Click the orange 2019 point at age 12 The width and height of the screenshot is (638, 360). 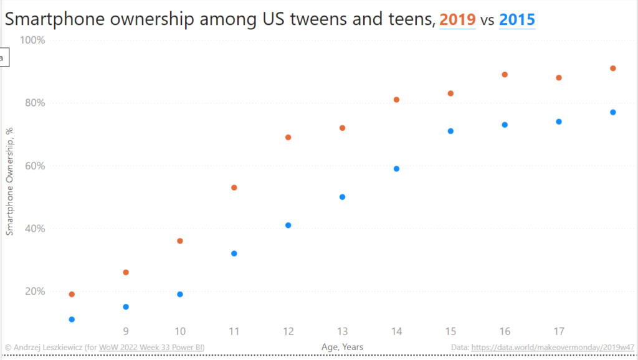(x=288, y=138)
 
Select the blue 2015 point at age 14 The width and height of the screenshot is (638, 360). (x=396, y=169)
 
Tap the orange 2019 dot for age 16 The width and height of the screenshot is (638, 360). (x=505, y=75)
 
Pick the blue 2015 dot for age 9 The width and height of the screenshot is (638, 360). (x=126, y=307)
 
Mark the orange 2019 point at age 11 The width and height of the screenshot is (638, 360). (x=234, y=187)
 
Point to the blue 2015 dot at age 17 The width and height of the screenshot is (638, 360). (x=559, y=121)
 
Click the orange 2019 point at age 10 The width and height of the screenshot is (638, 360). (x=180, y=241)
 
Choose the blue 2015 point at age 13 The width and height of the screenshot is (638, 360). (x=342, y=197)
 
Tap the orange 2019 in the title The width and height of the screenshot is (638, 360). (x=457, y=19)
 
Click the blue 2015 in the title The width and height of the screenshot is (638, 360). (x=517, y=19)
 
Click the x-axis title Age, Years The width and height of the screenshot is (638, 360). (x=342, y=347)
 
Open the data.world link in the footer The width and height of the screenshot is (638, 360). (x=553, y=347)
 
